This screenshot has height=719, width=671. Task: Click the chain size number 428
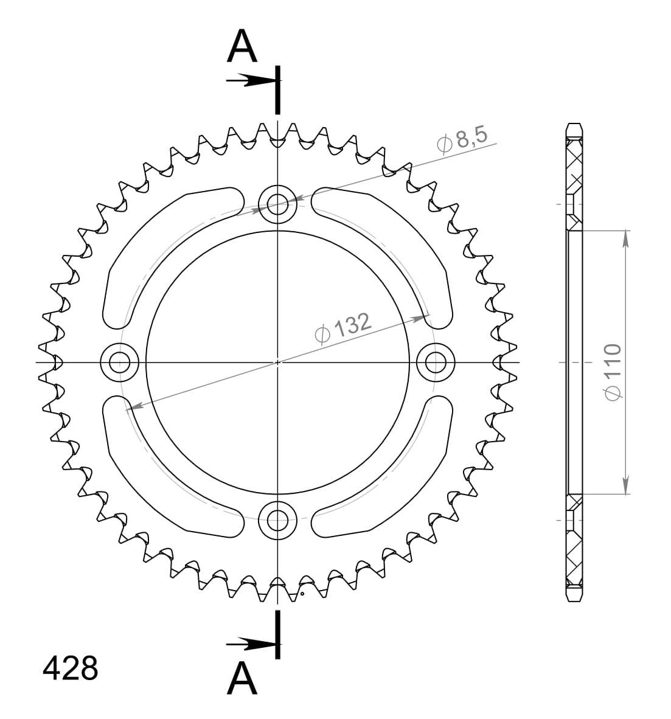point(70,668)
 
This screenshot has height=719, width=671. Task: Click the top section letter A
point(242,47)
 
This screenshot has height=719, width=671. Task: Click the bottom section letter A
point(242,678)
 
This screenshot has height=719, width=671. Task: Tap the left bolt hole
point(120,363)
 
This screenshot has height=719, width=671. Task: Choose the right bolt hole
point(436,363)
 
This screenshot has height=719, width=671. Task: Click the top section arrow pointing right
point(249,80)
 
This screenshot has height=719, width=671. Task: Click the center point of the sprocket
point(277,363)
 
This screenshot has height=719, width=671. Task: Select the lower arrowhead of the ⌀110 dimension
point(625,486)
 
